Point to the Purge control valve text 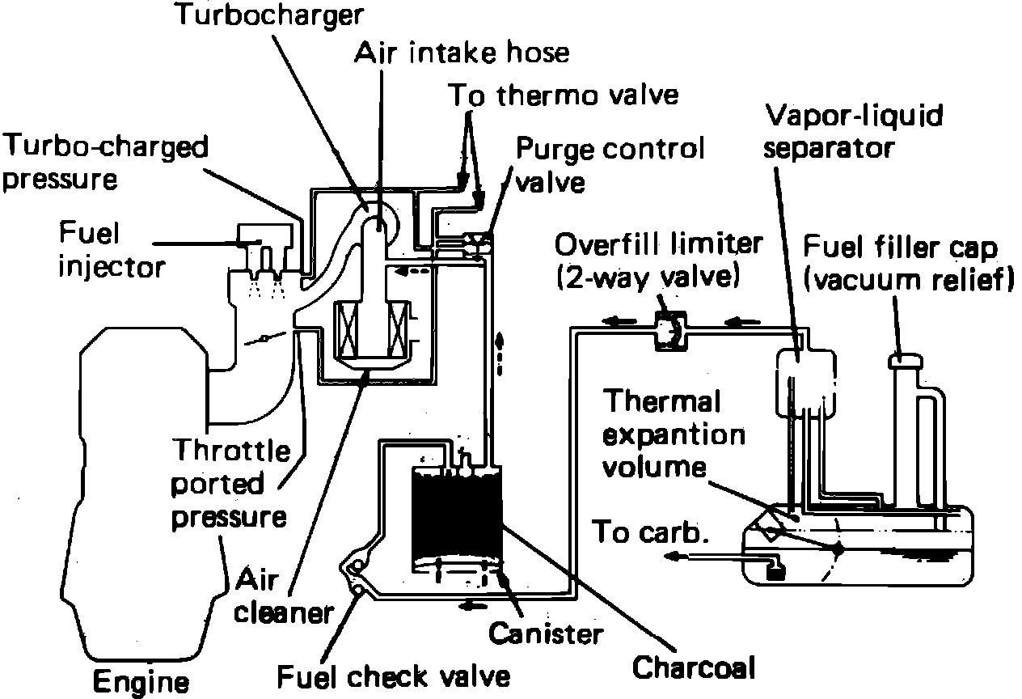pos(610,163)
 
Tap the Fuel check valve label pos(395,675)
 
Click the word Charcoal pos(693,668)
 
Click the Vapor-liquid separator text pos(855,131)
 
